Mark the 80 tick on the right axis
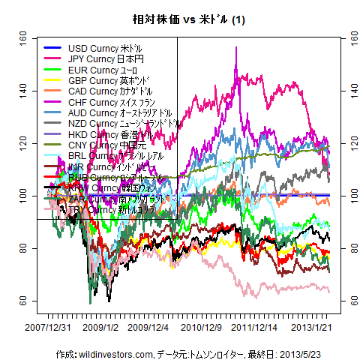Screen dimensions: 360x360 click(x=346, y=247)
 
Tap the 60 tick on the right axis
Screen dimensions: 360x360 click(x=346, y=300)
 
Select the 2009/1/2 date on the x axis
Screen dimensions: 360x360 click(x=102, y=327)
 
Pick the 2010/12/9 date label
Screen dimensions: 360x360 click(x=201, y=327)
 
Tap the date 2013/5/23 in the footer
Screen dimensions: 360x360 click(x=281, y=352)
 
